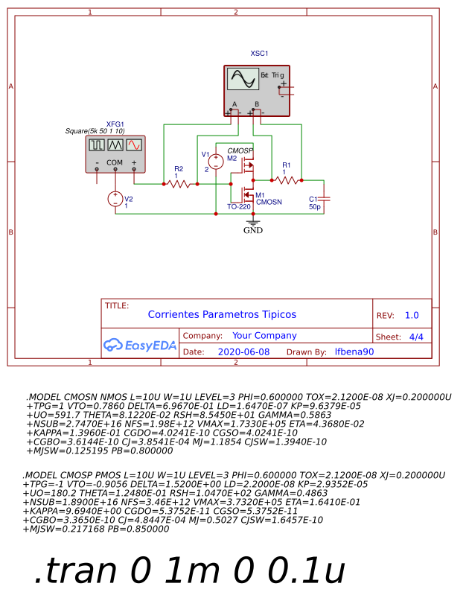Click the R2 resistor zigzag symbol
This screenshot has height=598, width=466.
click(x=178, y=183)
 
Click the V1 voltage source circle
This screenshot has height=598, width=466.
click(x=214, y=162)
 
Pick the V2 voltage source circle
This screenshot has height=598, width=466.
click(x=115, y=199)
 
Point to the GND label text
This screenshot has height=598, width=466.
click(x=253, y=230)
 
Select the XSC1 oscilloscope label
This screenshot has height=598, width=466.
click(x=259, y=54)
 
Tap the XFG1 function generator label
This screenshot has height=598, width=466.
click(x=115, y=124)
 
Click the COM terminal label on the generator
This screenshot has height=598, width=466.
click(x=115, y=162)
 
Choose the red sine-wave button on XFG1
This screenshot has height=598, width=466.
click(x=133, y=145)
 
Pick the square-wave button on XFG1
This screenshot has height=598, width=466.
click(x=97, y=145)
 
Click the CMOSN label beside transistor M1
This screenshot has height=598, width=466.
click(x=268, y=202)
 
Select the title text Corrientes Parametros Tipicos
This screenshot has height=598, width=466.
click(x=221, y=315)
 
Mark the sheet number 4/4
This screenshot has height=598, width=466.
click(x=416, y=337)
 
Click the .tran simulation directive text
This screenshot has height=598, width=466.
click(x=190, y=570)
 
